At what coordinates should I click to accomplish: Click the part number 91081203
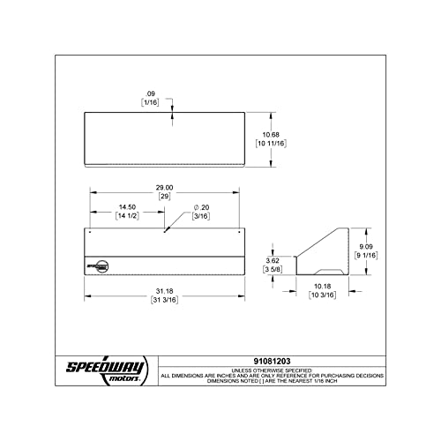tap(272, 361)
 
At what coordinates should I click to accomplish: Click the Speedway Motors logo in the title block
tap(107, 370)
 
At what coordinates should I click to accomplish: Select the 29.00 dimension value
tap(164, 188)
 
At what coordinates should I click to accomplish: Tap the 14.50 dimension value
tap(127, 207)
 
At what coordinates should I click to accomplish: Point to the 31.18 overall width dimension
tap(164, 291)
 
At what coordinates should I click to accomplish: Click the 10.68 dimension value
tap(271, 135)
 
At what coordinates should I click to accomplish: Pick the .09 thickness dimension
tap(150, 93)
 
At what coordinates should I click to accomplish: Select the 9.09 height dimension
tap(366, 247)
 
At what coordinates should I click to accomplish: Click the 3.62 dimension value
tap(273, 260)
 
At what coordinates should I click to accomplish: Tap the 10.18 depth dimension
tap(322, 286)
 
